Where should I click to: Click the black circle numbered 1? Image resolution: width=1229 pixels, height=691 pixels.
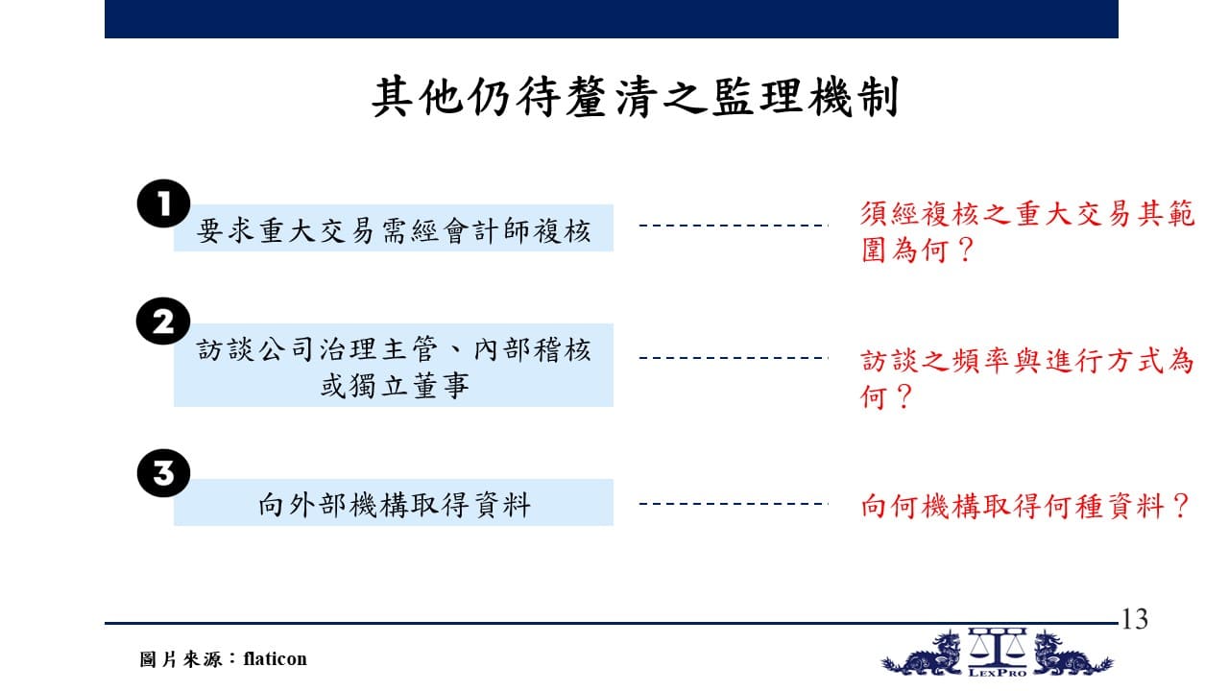tap(163, 203)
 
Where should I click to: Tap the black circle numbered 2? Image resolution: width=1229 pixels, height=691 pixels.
tap(163, 322)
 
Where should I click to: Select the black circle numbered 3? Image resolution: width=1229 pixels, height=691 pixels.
tap(163, 473)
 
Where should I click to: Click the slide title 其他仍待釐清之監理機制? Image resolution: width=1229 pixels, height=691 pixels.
tap(636, 97)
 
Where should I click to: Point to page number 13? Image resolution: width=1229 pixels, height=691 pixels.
tap(1134, 619)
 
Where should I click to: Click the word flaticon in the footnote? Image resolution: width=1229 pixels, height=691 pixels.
tap(275, 658)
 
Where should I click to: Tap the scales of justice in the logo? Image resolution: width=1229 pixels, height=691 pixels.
tap(997, 646)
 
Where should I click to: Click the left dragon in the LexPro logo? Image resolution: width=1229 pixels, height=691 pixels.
tap(924, 655)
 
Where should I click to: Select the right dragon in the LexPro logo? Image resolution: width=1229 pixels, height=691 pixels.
tap(1072, 654)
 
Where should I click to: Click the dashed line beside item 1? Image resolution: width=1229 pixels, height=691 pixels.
tap(734, 226)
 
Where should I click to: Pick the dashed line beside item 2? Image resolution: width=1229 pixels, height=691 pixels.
tap(734, 358)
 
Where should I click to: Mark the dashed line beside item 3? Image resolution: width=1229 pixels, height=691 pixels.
tap(734, 504)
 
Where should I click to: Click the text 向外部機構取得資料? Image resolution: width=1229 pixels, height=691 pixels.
tap(394, 505)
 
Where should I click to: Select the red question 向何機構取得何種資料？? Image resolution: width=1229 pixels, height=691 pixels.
tap(1024, 506)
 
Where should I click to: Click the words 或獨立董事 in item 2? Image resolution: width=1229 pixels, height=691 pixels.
tap(394, 386)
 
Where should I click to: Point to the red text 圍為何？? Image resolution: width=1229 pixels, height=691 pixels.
tap(916, 250)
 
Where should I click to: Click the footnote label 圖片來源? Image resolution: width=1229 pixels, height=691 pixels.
tap(180, 659)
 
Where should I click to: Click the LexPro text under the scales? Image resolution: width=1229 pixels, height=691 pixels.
tap(998, 673)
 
